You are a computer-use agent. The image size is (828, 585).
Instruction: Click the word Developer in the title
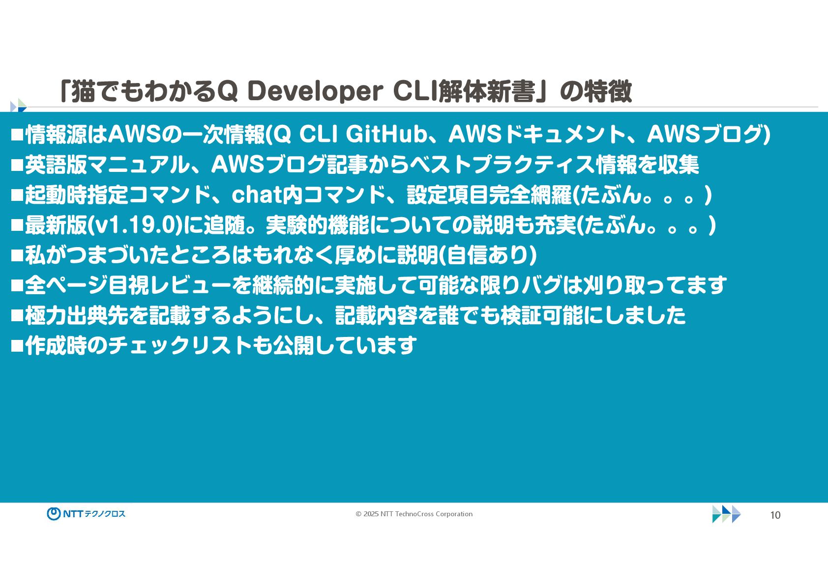pyautogui.click(x=315, y=91)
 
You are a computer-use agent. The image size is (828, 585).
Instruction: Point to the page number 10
pyautogui.click(x=775, y=515)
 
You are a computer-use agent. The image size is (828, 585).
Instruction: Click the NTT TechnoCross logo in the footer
pyautogui.click(x=86, y=514)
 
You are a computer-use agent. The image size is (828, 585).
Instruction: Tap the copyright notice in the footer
pyautogui.click(x=414, y=514)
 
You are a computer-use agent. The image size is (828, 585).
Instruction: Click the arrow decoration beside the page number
pyautogui.click(x=726, y=514)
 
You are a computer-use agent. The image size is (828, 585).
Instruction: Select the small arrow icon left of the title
pyautogui.click(x=19, y=106)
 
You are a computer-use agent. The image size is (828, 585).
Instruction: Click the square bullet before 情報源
pyautogui.click(x=17, y=135)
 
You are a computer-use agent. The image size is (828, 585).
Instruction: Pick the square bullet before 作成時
pyautogui.click(x=17, y=346)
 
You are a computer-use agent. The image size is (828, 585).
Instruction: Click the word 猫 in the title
pyautogui.click(x=83, y=91)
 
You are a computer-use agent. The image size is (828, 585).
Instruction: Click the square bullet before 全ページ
pyautogui.click(x=17, y=285)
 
